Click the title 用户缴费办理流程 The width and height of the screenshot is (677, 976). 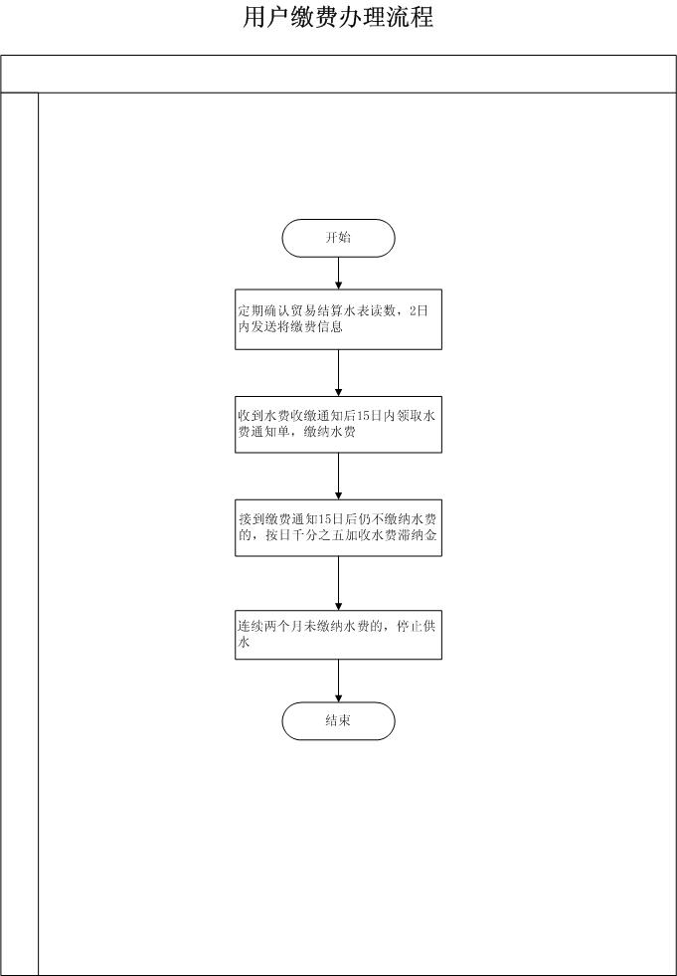click(x=338, y=18)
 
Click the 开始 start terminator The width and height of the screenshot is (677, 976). click(x=338, y=238)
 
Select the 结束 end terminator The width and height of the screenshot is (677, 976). click(x=338, y=721)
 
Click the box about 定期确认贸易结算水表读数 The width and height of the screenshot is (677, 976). click(x=338, y=319)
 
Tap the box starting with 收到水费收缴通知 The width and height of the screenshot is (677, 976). click(x=338, y=425)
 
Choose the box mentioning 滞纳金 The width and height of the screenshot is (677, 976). click(x=338, y=528)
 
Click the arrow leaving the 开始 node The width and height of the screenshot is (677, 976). click(x=338, y=274)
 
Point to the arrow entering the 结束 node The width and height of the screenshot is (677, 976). click(x=338, y=681)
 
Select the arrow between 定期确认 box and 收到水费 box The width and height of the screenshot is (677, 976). click(x=338, y=373)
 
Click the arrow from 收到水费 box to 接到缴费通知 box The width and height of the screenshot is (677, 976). click(x=338, y=477)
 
